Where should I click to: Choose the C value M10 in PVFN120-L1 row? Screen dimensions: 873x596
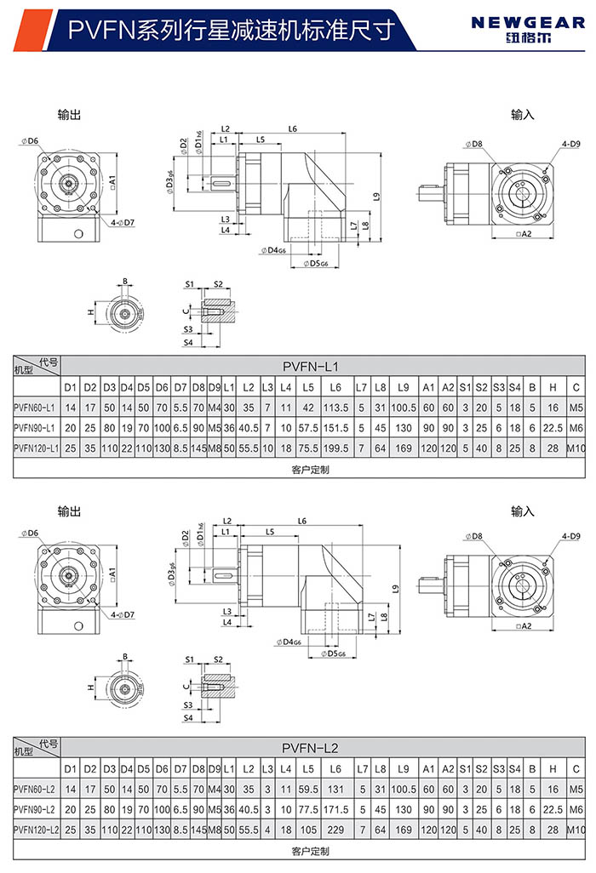[576, 447]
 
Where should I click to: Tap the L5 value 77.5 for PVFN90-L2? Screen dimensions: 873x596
[308, 808]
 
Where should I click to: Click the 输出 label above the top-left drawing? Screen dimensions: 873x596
[69, 113]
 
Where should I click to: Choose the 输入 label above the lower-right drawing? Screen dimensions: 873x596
[523, 511]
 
